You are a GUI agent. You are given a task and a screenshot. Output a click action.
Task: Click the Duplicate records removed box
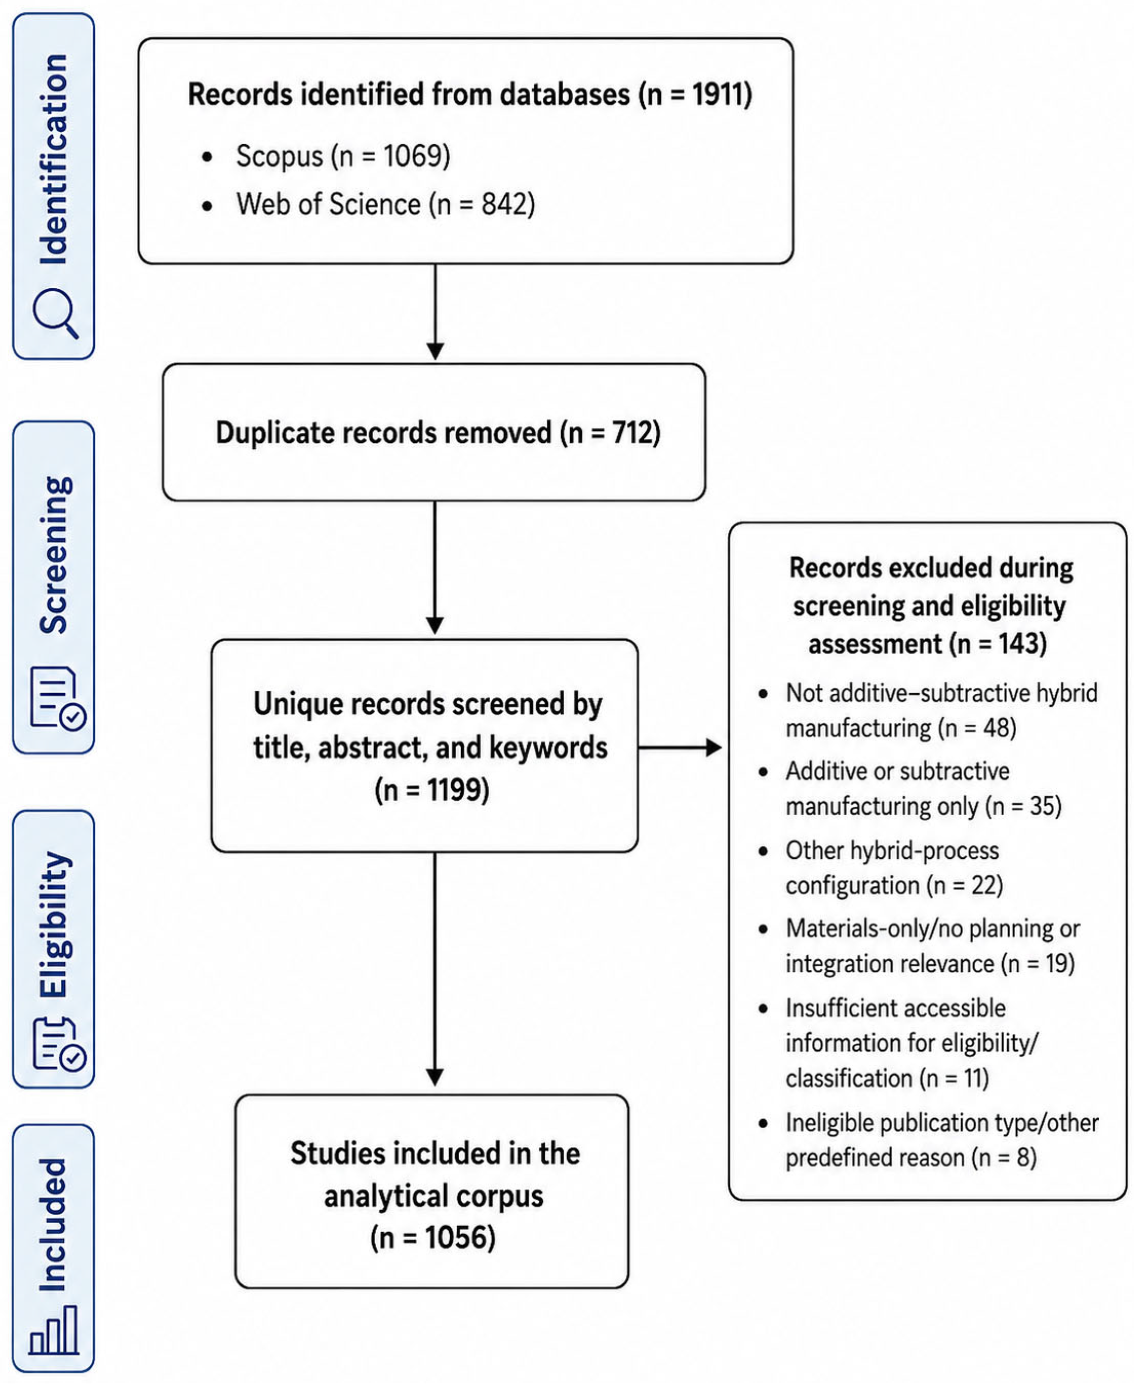434,433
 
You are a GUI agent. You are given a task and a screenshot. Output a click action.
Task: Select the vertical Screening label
55,555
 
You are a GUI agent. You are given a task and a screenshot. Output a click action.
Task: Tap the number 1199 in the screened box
457,790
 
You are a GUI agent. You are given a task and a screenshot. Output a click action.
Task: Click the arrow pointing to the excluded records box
680,747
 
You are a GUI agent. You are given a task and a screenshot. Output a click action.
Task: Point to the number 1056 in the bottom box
459,1238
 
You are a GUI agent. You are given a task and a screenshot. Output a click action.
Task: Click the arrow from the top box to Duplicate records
435,312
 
